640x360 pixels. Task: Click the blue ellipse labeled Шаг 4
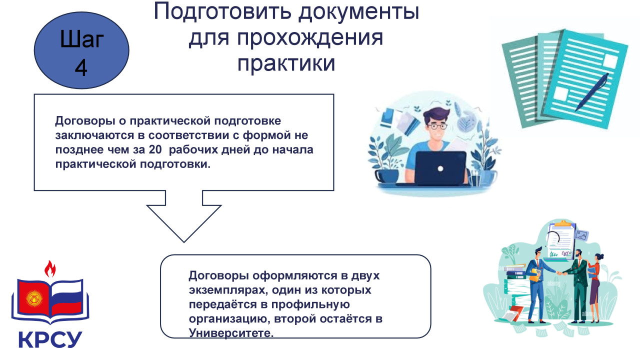[x=81, y=50]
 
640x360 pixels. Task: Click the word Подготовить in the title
[x=223, y=12]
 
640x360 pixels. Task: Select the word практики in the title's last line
[x=286, y=63]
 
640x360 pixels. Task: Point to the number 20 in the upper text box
[x=155, y=149]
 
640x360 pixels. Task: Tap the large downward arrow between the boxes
[x=184, y=216]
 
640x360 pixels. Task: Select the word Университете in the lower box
[x=231, y=333]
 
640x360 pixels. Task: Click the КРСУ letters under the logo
[x=50, y=339]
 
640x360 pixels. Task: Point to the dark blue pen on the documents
[x=591, y=92]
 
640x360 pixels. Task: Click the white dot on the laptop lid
[x=440, y=168]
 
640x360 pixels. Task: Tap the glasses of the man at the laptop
[x=436, y=126]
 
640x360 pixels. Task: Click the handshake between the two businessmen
[x=561, y=273]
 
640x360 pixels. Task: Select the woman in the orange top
[x=595, y=288]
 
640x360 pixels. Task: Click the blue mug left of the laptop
[x=386, y=175]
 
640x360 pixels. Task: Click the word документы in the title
[x=359, y=12]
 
